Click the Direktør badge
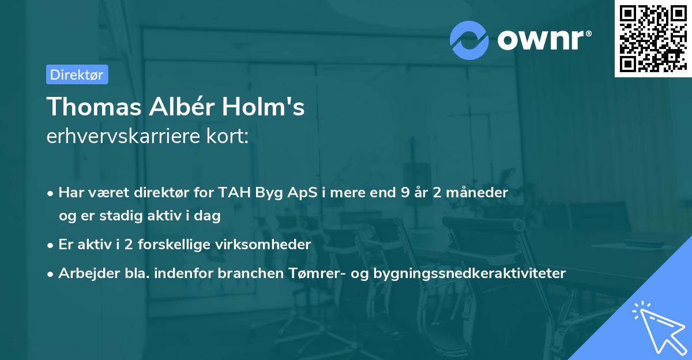77,74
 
